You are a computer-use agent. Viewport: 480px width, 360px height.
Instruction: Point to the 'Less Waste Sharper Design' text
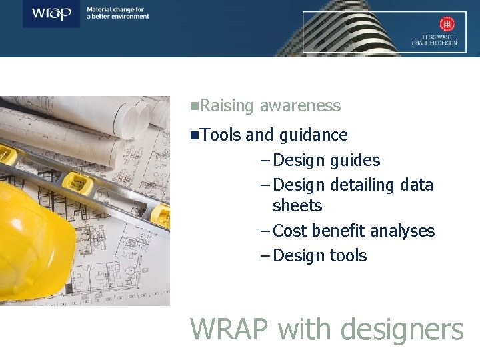click(435, 40)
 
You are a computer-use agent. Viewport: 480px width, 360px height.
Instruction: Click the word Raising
click(227, 106)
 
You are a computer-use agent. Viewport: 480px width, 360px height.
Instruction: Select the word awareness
click(300, 106)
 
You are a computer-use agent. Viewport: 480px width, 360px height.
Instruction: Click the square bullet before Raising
click(193, 105)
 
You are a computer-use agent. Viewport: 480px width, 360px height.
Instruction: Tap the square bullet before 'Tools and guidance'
click(193, 135)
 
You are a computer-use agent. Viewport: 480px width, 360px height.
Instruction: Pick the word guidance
click(313, 135)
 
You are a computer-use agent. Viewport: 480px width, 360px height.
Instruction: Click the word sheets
click(297, 206)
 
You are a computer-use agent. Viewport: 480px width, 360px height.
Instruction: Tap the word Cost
click(290, 231)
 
